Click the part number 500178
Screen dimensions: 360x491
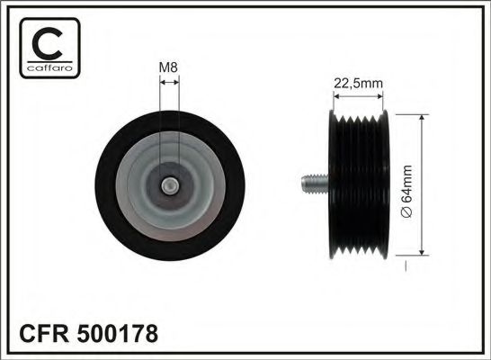[x=121, y=334]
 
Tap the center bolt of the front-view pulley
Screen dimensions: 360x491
[x=169, y=186]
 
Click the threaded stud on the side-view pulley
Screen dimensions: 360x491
[x=310, y=187]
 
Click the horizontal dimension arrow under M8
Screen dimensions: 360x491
[x=169, y=81]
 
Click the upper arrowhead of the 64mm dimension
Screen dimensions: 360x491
[x=420, y=119]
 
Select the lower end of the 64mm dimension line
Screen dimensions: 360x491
[x=420, y=256]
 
